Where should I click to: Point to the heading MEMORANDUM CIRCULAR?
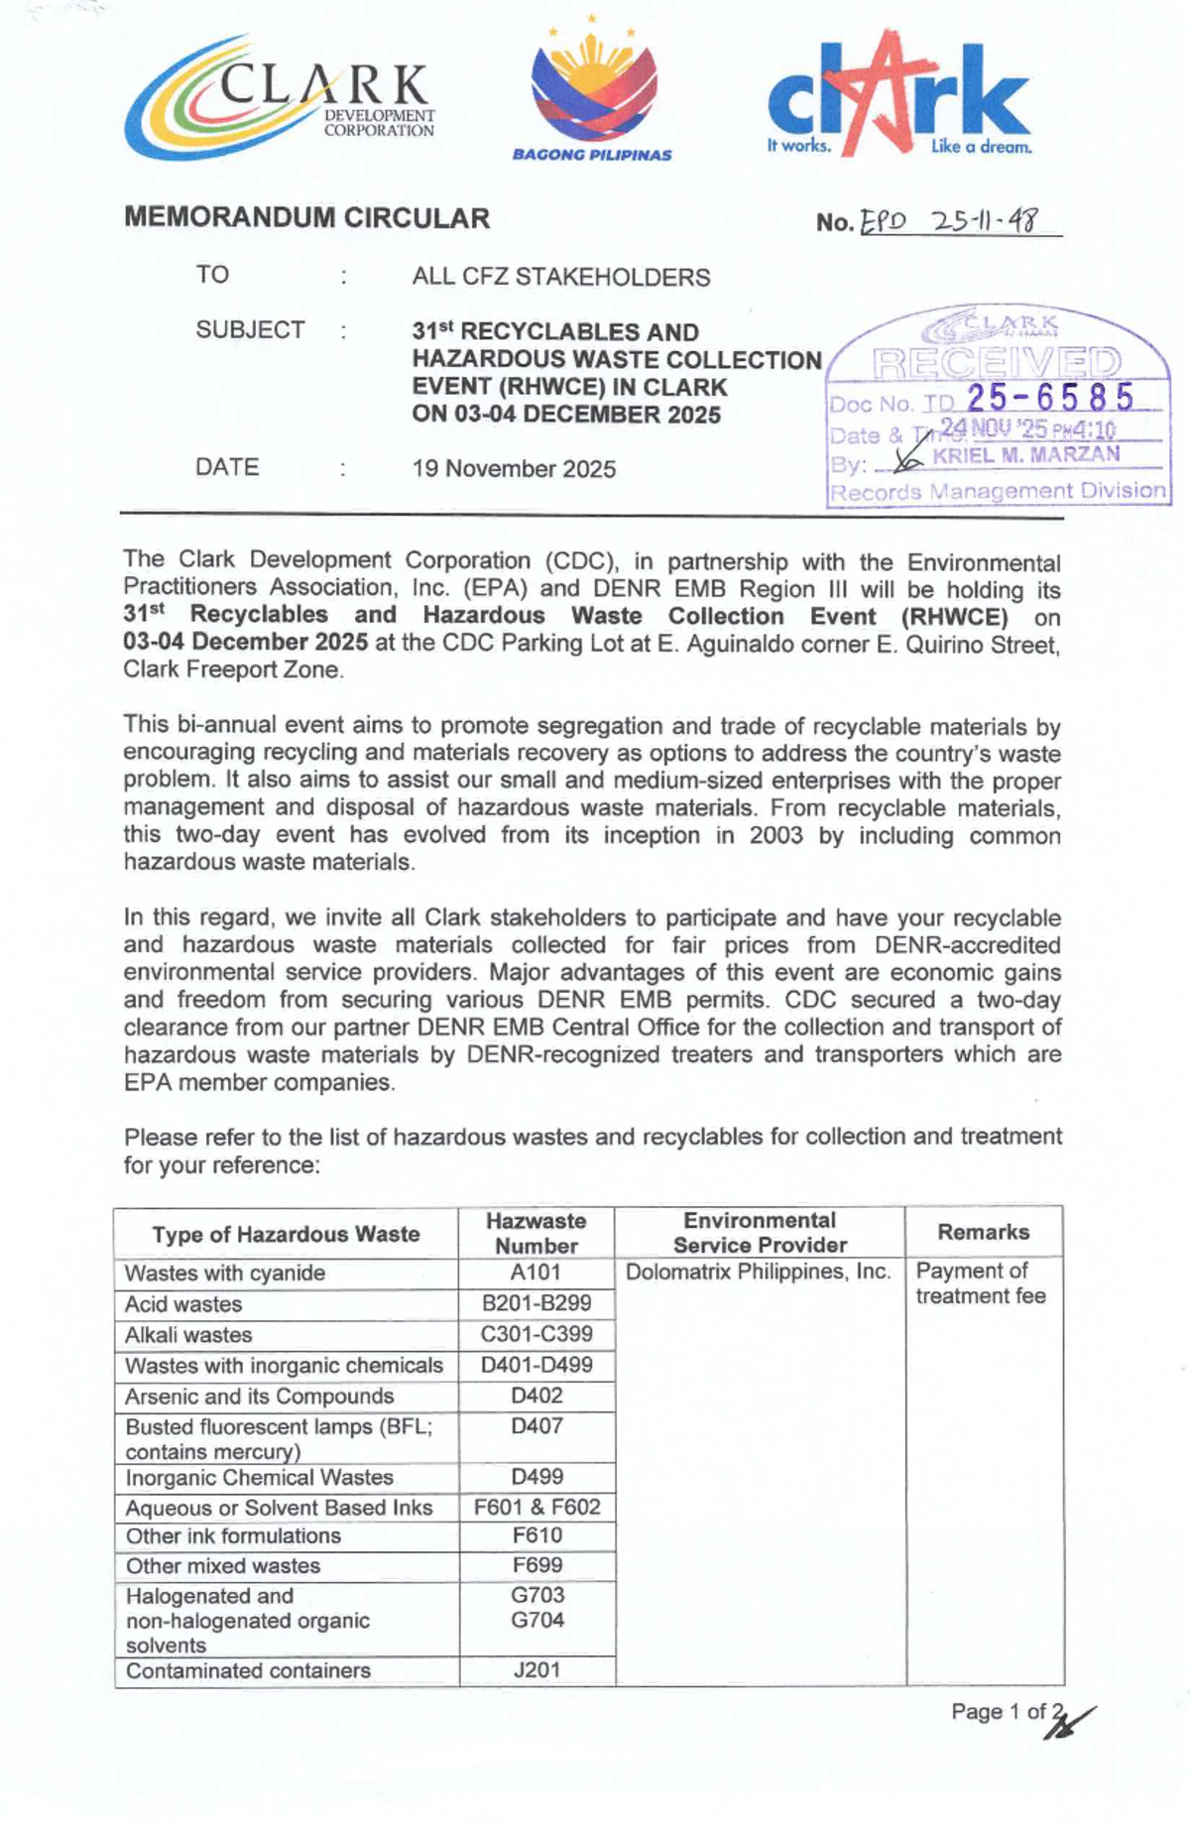306,218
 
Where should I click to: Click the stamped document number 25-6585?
1050,398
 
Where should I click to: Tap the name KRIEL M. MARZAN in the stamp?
1025,455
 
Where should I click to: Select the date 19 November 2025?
514,469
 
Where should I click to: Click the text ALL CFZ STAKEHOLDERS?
561,277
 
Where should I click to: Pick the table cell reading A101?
535,1272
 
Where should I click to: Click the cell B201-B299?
535,1302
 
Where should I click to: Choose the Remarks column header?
983,1232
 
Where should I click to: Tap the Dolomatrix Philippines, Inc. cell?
759,1272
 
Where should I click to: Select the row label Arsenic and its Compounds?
259,1396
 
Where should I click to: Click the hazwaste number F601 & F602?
536,1507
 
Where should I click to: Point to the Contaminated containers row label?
248,1670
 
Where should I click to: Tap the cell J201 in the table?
536,1669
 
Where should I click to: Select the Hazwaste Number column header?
536,1233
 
